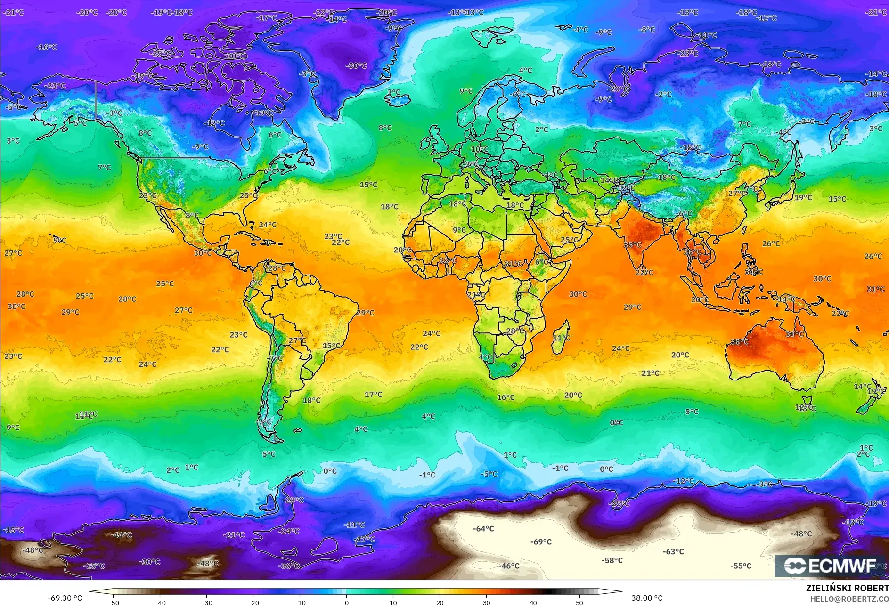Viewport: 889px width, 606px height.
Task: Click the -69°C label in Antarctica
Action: click(541, 542)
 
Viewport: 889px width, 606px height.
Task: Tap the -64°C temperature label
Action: click(483, 529)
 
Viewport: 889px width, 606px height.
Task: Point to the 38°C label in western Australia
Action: click(739, 342)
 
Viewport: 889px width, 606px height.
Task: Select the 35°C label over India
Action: click(633, 245)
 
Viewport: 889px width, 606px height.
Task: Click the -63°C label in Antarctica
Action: click(673, 551)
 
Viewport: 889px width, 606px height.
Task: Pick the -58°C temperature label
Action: click(612, 560)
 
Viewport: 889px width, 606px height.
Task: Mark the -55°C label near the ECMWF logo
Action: click(741, 566)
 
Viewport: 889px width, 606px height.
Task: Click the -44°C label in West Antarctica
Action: click(121, 535)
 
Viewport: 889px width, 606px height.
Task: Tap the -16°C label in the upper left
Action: click(47, 47)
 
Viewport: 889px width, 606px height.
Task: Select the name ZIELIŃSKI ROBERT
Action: click(847, 588)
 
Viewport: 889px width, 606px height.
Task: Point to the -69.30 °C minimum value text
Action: click(65, 598)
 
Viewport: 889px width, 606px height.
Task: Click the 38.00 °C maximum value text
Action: click(647, 598)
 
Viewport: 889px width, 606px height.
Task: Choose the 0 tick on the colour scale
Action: click(347, 603)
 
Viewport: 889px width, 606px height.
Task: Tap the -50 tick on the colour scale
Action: click(114, 603)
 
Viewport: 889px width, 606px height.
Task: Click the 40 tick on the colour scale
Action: click(533, 603)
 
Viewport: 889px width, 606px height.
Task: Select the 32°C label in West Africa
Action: click(448, 260)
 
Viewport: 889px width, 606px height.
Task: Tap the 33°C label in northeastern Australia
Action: click(794, 334)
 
